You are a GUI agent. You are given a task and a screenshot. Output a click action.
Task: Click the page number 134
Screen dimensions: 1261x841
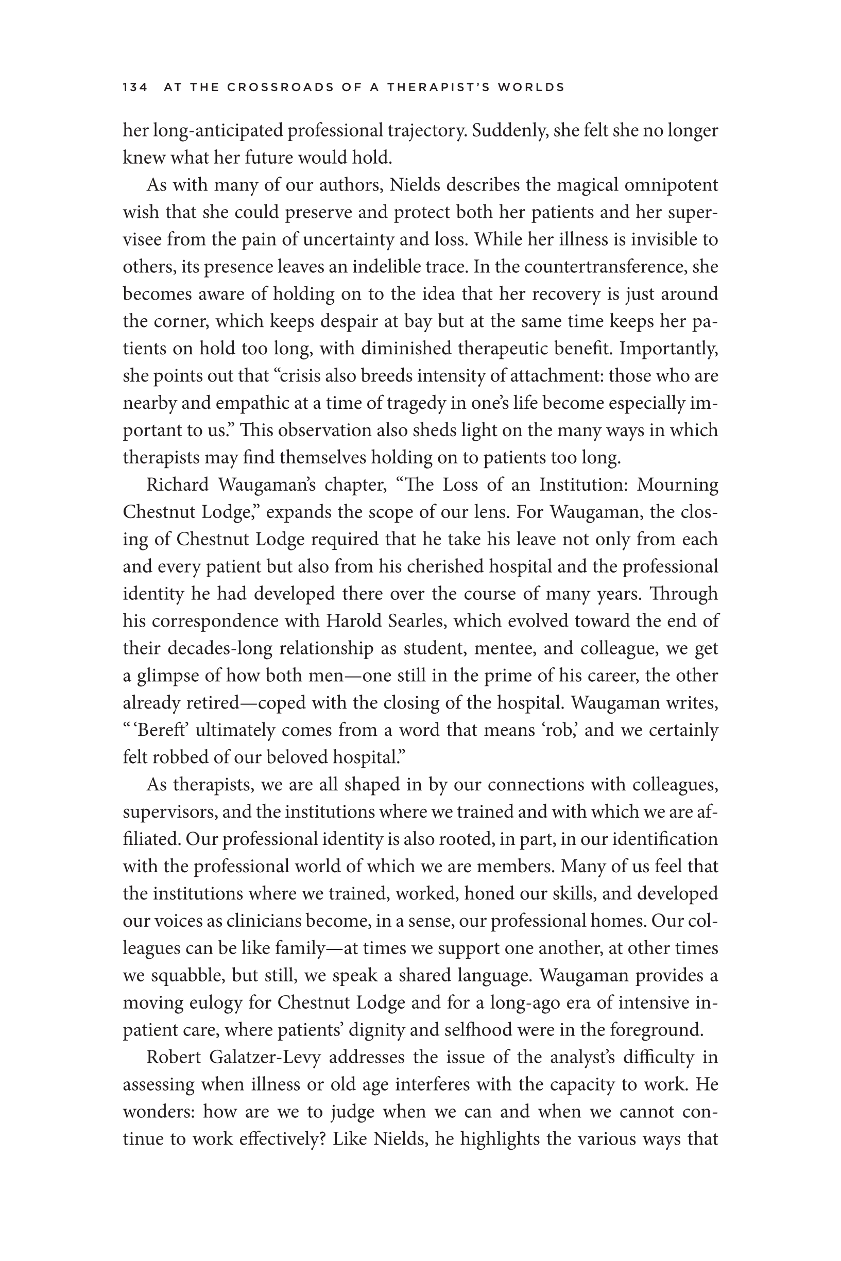pos(135,88)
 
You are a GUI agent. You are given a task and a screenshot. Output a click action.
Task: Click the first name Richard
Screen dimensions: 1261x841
pos(178,485)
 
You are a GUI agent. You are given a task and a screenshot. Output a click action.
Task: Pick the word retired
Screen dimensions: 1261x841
pos(212,703)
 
